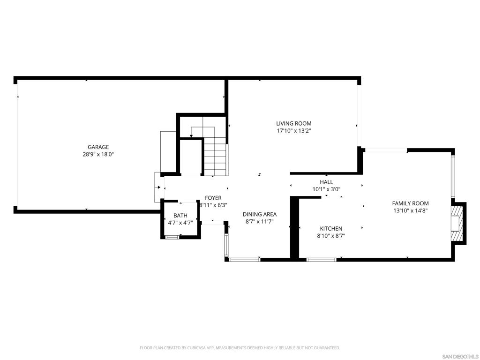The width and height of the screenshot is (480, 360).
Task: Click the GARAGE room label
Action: coord(98,147)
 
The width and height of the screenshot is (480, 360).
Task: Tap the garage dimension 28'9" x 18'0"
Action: coord(98,155)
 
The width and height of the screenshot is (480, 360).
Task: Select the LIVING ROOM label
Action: coord(294,124)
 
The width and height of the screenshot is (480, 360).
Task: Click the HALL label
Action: coord(326,182)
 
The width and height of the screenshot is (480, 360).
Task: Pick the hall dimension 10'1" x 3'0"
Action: coord(326,189)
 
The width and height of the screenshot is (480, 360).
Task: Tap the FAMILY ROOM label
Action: coord(411,203)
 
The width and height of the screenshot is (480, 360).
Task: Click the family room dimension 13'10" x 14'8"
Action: coord(411,210)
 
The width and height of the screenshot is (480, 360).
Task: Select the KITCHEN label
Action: coord(331,229)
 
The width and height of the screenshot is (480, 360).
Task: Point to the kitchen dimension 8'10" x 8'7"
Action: coord(331,236)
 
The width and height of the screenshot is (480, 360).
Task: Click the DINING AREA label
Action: coord(260,215)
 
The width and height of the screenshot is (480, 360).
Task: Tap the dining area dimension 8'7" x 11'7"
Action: coord(260,222)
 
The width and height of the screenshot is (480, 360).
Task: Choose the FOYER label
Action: coord(213,198)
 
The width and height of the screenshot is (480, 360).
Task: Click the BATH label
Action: coord(180,216)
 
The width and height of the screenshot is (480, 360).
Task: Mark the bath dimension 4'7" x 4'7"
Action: coord(180,223)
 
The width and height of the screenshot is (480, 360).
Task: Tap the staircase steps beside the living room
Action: coord(215,156)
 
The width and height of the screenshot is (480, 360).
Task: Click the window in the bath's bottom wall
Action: coord(172,237)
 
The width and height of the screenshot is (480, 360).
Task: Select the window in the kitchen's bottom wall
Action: coord(322,260)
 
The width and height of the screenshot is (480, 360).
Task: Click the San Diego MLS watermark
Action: coord(460,357)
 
